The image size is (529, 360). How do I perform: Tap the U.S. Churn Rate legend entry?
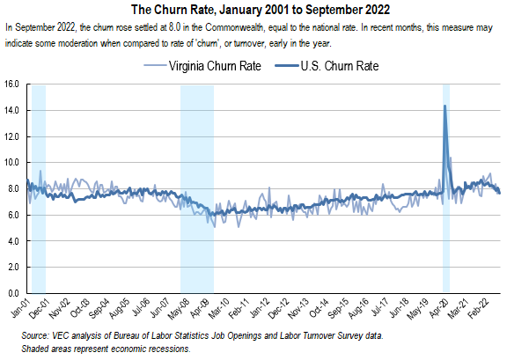click(x=340, y=66)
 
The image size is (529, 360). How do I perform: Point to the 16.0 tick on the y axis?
click(x=12, y=84)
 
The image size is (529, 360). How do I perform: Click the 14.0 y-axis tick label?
click(x=12, y=111)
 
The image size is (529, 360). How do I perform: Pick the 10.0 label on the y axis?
click(x=12, y=163)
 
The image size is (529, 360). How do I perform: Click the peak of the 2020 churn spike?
click(x=445, y=106)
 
